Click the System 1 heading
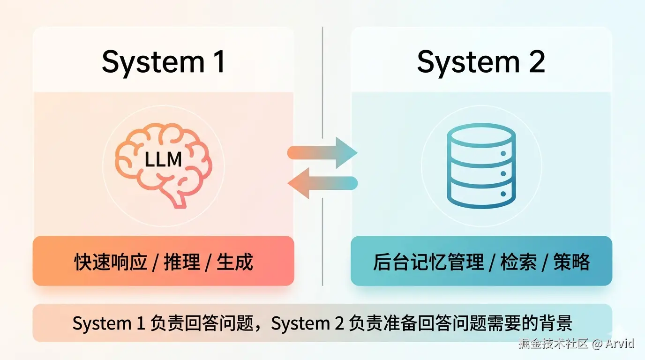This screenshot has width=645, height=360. tap(164, 62)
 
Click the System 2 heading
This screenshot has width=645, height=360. tap(481, 62)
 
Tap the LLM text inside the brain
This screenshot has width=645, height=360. tap(163, 160)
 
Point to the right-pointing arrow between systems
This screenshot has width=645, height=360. tap(323, 153)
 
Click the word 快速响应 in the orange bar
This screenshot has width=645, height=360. tap(111, 262)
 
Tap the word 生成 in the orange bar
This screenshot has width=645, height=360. tap(235, 262)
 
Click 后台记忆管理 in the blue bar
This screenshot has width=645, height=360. tap(428, 262)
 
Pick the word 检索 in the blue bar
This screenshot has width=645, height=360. tap(518, 262)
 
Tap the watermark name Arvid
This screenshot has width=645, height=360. tap(620, 343)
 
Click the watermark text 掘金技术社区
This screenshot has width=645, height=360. tap(553, 343)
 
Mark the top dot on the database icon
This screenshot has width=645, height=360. tap(503, 153)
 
